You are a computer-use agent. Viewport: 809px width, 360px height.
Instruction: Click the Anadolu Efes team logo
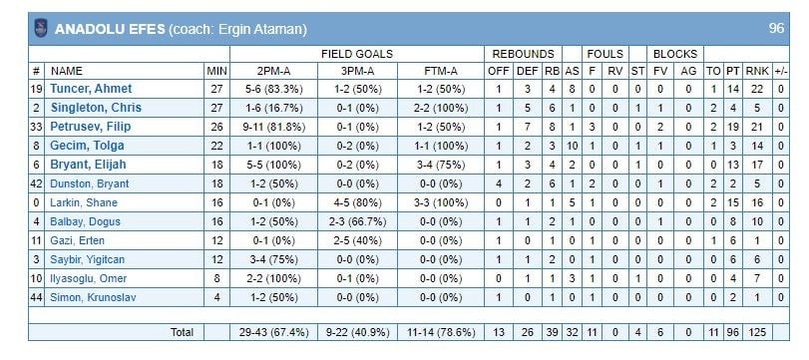click(41, 28)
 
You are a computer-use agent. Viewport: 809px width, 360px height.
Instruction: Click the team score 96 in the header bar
click(776, 28)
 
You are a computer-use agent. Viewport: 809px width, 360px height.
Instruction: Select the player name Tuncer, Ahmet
click(91, 89)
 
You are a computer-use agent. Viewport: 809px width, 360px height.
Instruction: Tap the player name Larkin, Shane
click(84, 202)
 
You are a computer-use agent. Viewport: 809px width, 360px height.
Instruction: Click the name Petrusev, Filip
click(91, 127)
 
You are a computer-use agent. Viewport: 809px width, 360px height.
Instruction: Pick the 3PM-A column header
click(357, 71)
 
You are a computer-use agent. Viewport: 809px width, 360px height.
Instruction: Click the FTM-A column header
click(440, 71)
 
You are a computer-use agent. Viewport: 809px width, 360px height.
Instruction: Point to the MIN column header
click(216, 71)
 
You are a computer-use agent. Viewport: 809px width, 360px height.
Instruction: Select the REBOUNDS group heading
click(523, 54)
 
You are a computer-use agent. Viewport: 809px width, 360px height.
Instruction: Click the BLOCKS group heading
click(675, 54)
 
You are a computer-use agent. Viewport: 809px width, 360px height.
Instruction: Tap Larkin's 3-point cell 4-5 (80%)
click(357, 202)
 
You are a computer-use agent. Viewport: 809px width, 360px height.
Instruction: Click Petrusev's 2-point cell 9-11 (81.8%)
click(273, 127)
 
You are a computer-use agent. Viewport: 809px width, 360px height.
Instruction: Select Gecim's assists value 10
click(572, 146)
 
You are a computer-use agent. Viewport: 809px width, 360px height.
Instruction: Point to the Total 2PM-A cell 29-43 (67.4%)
click(273, 333)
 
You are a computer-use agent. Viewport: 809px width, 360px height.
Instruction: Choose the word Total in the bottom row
click(182, 333)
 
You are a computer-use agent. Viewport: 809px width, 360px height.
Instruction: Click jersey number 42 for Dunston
click(36, 183)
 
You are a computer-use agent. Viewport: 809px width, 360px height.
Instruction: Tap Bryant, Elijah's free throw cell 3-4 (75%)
click(440, 166)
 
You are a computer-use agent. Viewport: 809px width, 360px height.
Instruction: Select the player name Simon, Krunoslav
click(93, 297)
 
